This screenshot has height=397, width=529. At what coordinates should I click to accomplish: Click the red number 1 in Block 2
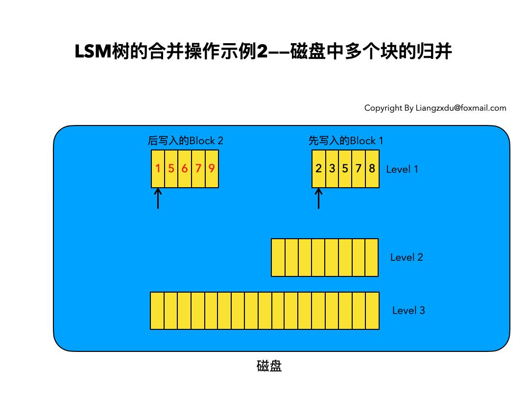click(x=158, y=169)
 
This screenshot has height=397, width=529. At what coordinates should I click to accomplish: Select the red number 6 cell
click(x=185, y=169)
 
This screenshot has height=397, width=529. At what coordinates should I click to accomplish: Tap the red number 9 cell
click(x=212, y=169)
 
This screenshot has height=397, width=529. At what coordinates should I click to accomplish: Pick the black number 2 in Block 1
click(x=318, y=169)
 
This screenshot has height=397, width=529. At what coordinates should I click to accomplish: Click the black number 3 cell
click(x=332, y=169)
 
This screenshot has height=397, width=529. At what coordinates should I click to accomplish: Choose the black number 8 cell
click(x=372, y=169)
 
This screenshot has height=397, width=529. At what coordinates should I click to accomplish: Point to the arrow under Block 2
click(x=158, y=199)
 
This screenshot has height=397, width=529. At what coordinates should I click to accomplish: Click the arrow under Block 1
click(x=318, y=199)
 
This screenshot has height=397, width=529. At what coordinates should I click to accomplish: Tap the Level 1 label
click(x=402, y=170)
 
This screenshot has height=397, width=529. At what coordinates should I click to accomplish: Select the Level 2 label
click(x=407, y=257)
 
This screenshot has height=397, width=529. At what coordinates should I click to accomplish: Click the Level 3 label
click(x=409, y=310)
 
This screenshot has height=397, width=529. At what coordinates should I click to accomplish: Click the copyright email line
click(x=435, y=108)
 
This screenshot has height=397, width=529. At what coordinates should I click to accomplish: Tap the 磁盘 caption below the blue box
click(x=269, y=366)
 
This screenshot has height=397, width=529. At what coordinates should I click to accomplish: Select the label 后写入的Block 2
click(x=185, y=141)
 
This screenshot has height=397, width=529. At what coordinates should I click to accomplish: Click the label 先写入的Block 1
click(x=346, y=141)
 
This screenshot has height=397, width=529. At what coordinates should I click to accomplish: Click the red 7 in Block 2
click(x=198, y=169)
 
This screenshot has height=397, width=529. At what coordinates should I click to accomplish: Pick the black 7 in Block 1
click(x=359, y=169)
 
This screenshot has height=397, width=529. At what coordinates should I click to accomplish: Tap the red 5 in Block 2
click(x=171, y=169)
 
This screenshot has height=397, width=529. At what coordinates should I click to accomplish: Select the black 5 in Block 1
click(x=345, y=169)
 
